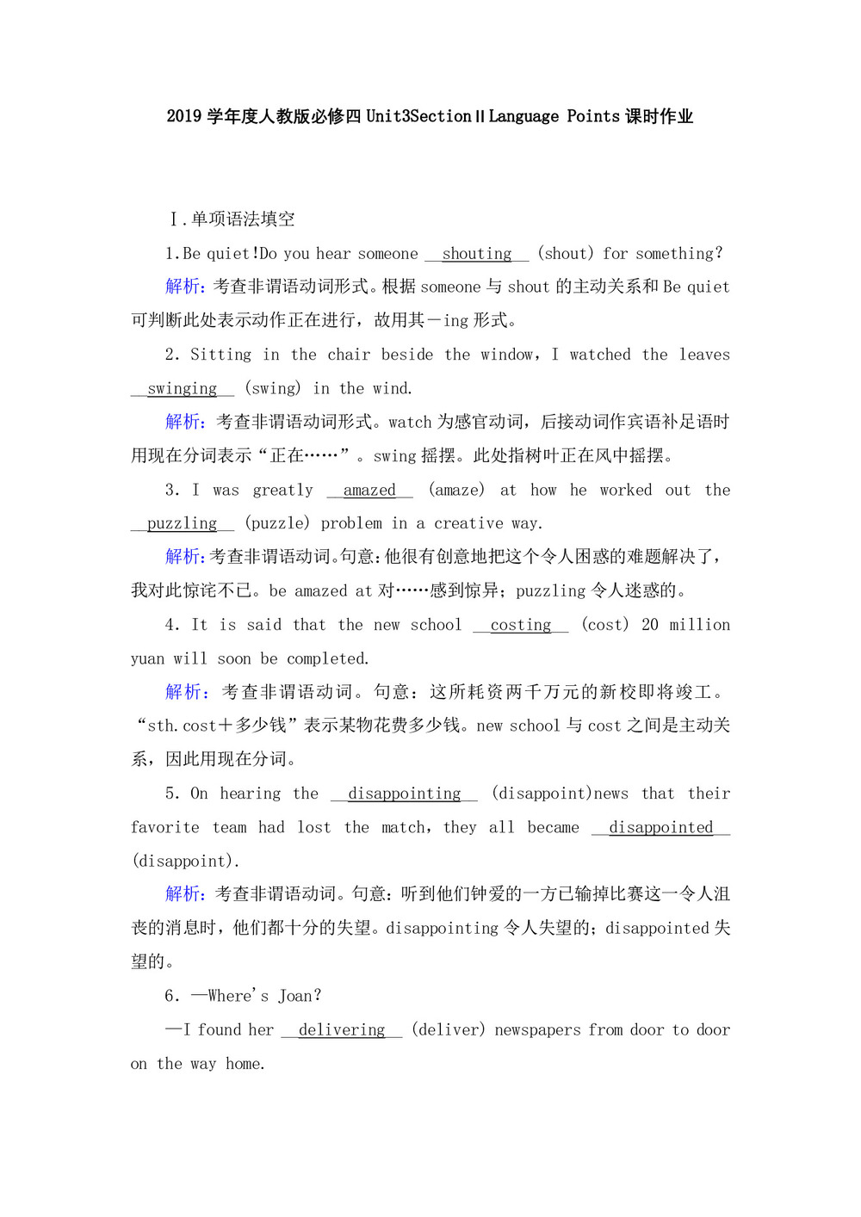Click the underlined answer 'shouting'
(476, 254)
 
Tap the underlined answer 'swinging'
(182, 389)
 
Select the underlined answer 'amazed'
(369, 491)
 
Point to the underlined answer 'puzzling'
(182, 524)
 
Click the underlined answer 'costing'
(521, 626)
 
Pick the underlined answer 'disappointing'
(404, 794)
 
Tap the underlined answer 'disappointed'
(660, 828)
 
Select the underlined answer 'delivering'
(342, 1030)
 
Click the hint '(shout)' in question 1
(566, 254)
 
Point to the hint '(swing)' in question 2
(273, 389)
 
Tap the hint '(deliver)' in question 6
(448, 1030)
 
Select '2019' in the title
(184, 116)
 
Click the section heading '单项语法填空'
(243, 219)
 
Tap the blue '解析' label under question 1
(183, 287)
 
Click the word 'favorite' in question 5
(164, 828)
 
